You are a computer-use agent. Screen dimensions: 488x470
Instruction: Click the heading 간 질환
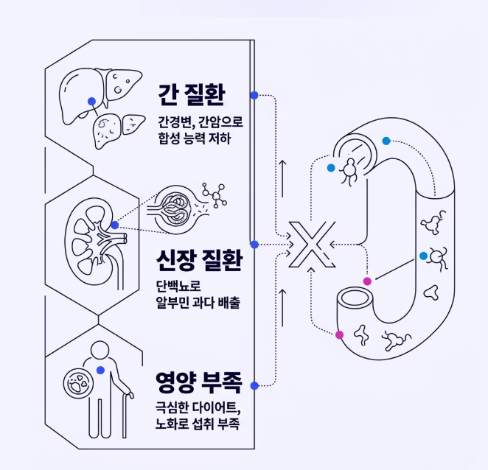point(192,94)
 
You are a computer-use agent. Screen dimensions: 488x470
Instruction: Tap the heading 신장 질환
point(199,260)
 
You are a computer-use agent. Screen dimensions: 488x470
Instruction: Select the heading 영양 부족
point(199,382)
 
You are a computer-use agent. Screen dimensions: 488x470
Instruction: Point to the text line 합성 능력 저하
point(195,138)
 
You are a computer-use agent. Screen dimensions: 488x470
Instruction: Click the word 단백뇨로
point(178,286)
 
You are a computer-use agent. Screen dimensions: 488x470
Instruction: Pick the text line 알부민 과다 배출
point(198,302)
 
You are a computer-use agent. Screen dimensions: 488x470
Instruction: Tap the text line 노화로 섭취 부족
point(198,424)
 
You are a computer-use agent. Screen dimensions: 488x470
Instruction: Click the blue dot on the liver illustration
point(91,101)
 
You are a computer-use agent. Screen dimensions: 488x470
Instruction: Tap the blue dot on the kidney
point(115,225)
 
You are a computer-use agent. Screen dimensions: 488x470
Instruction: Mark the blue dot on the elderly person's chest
point(100,370)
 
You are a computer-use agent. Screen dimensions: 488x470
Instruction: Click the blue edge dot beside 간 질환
point(254,95)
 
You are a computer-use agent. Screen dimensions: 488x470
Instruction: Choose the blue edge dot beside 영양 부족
point(254,386)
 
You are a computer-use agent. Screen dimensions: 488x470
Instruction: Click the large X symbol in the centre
point(312,245)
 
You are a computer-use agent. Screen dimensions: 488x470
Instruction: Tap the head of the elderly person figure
point(100,351)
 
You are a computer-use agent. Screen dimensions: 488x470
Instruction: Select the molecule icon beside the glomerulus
point(215,195)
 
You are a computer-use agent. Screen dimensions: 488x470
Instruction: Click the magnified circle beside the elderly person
point(78,383)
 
